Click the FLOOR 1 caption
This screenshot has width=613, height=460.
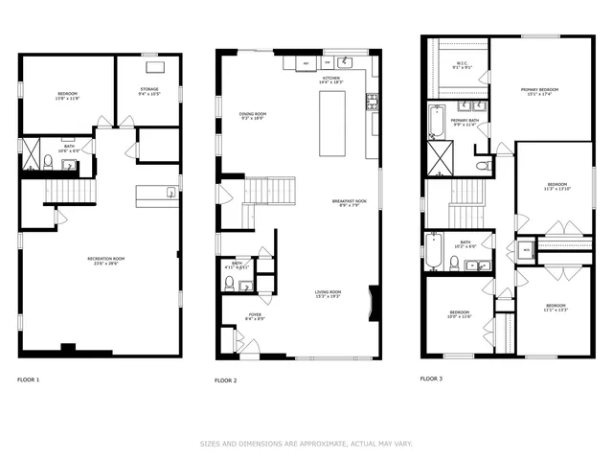29,380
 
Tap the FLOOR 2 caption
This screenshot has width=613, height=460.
226,380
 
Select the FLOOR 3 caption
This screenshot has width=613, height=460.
432,379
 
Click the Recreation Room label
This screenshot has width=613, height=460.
100,264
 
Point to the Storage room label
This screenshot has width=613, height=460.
149,91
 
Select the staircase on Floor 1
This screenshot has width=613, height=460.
72,192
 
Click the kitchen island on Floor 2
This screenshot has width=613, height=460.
332,127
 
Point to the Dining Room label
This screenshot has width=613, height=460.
253,116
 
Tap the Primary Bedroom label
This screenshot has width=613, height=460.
540,91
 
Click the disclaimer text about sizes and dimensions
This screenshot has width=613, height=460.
306,444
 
